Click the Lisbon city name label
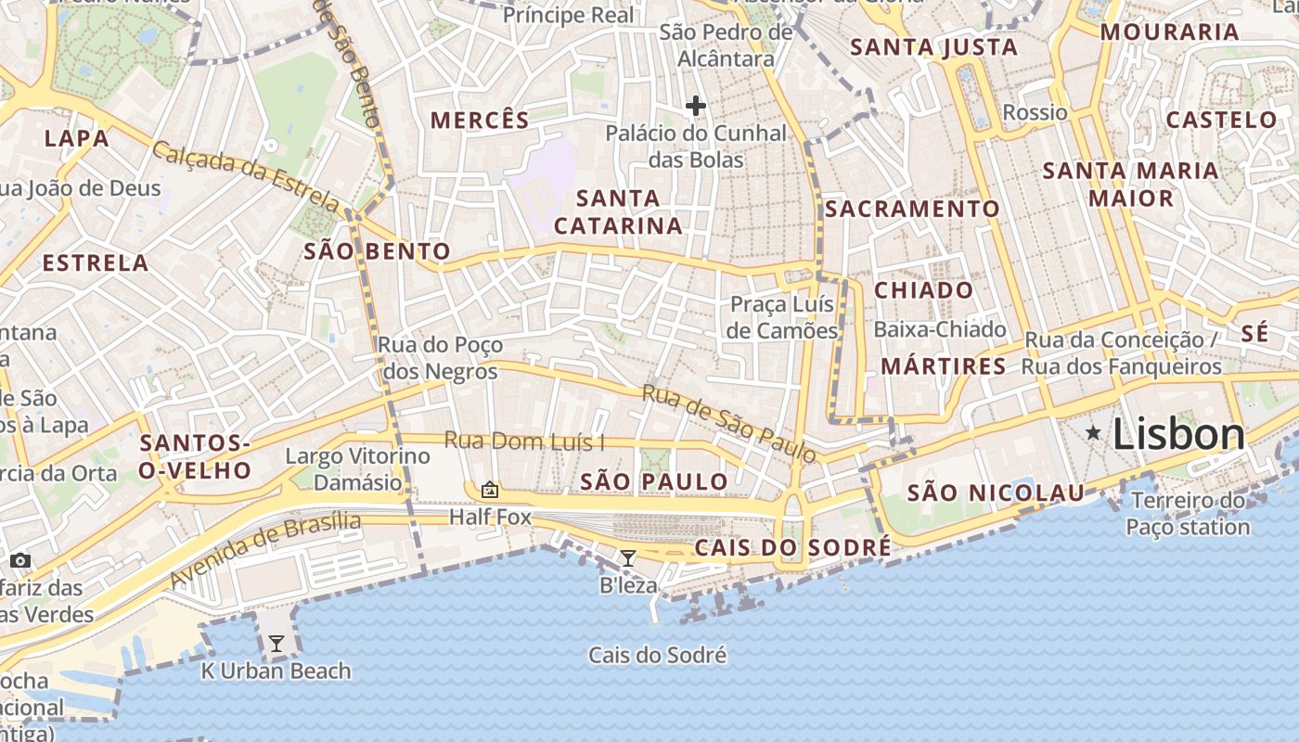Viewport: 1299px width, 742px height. [1178, 434]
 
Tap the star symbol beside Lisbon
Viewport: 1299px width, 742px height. [1095, 432]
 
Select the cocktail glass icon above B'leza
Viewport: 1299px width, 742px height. [628, 557]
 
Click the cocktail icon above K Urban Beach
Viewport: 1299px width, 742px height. [277, 643]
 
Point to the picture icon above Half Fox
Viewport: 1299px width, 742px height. [490, 489]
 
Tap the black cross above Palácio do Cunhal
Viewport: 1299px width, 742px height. [696, 106]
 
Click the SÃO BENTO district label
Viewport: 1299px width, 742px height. [377, 250]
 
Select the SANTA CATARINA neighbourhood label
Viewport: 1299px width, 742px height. [618, 211]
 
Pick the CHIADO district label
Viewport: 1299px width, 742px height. [924, 290]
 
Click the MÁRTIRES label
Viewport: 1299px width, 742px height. [943, 366]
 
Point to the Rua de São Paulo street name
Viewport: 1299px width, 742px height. [729, 423]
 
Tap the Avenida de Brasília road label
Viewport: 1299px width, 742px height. [264, 548]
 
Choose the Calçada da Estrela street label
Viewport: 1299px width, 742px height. [246, 174]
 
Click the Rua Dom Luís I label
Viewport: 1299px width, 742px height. [524, 441]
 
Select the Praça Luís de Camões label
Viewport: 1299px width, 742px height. [783, 317]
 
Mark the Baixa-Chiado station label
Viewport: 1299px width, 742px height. [940, 329]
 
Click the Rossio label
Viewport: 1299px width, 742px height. [1035, 112]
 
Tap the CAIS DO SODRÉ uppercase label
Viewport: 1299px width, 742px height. [792, 547]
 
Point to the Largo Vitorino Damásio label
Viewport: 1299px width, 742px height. [357, 469]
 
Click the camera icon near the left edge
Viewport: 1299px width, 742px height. [20, 560]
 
